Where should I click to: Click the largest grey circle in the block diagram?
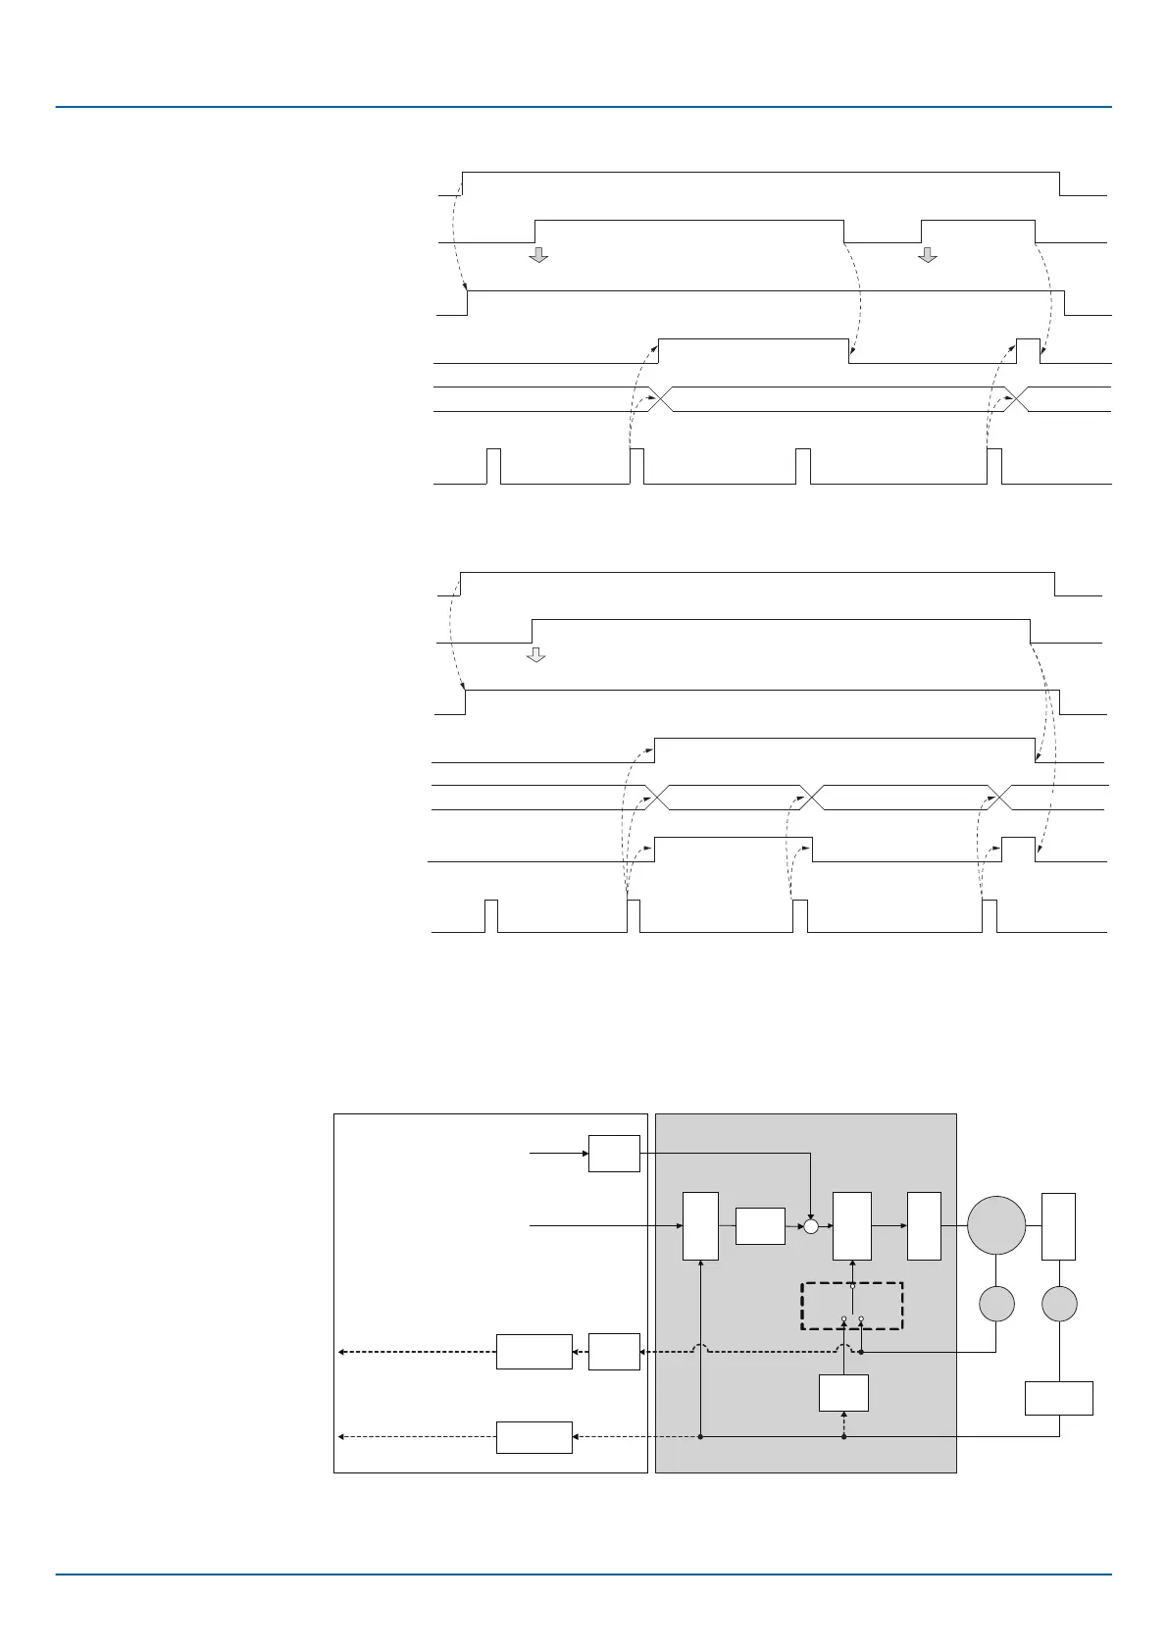996,1225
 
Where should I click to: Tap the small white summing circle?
811,1226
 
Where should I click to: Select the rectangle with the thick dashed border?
851,1305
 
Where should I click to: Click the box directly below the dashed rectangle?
843,1392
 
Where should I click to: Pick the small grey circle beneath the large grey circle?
996,1304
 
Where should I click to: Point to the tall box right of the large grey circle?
1058,1226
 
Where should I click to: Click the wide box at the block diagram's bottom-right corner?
1058,1398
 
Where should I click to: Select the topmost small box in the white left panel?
614,1154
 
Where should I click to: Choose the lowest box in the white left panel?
533,1437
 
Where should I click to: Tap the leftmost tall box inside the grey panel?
700,1226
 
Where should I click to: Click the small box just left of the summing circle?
760,1226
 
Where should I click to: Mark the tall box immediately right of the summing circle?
851,1226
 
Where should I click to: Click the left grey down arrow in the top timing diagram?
537,255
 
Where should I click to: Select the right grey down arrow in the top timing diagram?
927,255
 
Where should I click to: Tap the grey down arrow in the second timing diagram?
535,654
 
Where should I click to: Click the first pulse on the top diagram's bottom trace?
494,466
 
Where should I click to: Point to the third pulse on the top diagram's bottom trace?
803,466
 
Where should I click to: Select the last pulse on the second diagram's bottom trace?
990,915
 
